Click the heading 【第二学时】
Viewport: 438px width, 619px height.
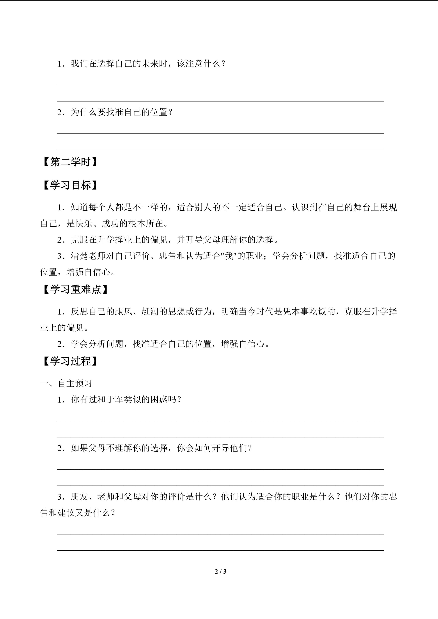click(70, 162)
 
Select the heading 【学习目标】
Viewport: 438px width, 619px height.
click(70, 185)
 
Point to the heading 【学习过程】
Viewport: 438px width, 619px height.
click(70, 361)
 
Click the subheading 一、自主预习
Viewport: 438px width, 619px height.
click(66, 383)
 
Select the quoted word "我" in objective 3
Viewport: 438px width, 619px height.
click(228, 256)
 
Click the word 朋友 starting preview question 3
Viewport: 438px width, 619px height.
click(79, 497)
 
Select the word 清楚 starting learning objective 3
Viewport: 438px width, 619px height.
click(79, 256)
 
